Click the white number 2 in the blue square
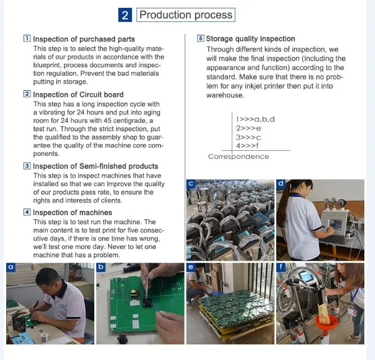pyautogui.click(x=125, y=15)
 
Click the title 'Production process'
pyautogui.click(x=186, y=15)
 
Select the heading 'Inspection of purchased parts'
pyautogui.click(x=84, y=39)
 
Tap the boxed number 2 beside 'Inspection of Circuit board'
pyautogui.click(x=27, y=94)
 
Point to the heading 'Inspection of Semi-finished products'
pyautogui.click(x=95, y=166)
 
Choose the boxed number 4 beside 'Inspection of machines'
pyautogui.click(x=27, y=212)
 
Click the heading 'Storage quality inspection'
pyautogui.click(x=250, y=39)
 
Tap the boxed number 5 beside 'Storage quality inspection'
pyautogui.click(x=200, y=38)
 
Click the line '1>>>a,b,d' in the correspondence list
pyautogui.click(x=255, y=119)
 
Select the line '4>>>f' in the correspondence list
pyautogui.click(x=248, y=145)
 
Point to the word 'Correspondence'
pyautogui.click(x=239, y=156)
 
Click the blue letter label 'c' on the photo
pyautogui.click(x=191, y=183)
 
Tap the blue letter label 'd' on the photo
pyautogui.click(x=281, y=183)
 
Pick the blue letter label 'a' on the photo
pyautogui.click(x=11, y=267)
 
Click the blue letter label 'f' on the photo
pyautogui.click(x=281, y=267)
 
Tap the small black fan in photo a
pyautogui.click(x=19, y=323)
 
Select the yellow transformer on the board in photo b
pyautogui.click(x=134, y=293)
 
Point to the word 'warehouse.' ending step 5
pyautogui.click(x=225, y=95)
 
